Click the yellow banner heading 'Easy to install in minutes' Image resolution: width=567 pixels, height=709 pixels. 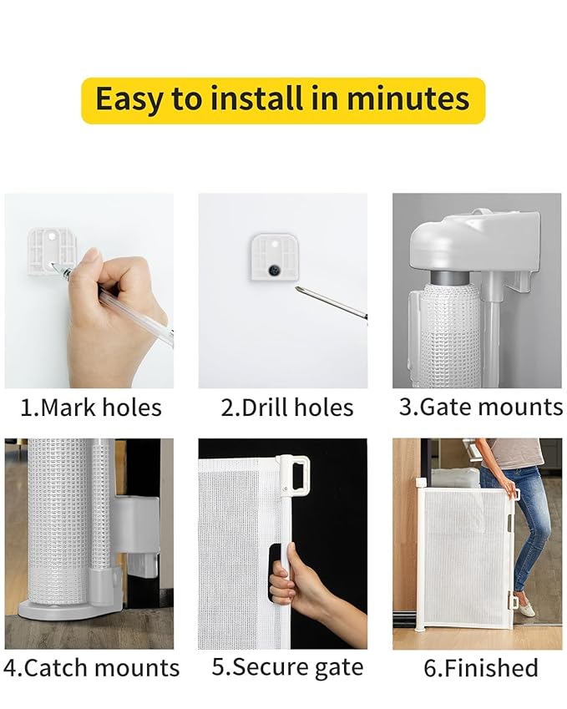[282, 100]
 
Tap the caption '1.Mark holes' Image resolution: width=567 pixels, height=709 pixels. [91, 408]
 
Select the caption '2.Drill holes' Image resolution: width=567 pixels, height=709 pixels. [286, 408]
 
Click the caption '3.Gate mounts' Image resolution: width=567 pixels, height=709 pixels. [479, 407]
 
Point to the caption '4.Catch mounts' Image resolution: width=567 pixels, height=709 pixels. [91, 668]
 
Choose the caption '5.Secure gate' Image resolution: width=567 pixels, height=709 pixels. [286, 667]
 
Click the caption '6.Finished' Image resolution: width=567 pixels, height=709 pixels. [479, 668]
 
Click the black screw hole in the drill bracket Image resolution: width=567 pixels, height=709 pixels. [274, 270]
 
